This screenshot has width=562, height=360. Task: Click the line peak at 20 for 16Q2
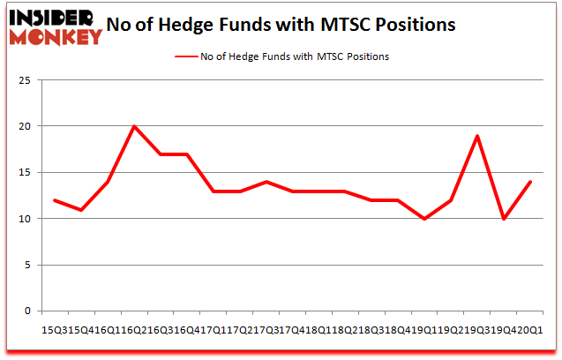134,126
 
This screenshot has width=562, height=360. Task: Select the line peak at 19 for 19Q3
476,136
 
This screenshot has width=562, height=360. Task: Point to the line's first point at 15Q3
55,200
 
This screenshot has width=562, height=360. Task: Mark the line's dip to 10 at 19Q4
503,219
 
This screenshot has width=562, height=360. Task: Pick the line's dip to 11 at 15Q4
81,209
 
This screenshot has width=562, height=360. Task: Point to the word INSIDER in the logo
52,17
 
